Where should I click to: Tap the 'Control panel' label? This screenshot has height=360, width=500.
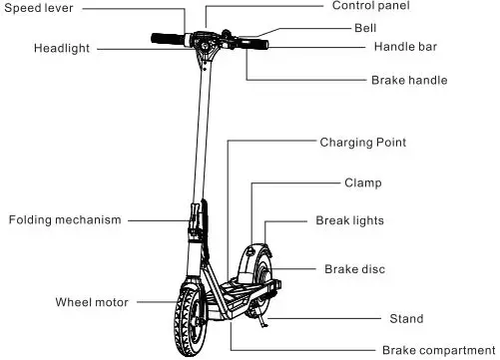click(371, 6)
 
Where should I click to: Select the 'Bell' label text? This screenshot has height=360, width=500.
click(365, 28)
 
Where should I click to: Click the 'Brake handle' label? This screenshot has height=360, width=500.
click(408, 80)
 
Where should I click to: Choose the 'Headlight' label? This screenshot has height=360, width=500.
click(62, 48)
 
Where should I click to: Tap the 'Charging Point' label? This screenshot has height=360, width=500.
click(362, 143)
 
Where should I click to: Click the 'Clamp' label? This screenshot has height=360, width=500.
click(362, 183)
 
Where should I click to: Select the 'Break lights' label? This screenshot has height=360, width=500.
click(349, 220)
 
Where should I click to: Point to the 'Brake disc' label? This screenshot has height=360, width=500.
click(354, 269)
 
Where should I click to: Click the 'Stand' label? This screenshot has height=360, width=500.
click(405, 319)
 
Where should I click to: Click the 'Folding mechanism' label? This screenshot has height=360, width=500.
click(65, 219)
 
